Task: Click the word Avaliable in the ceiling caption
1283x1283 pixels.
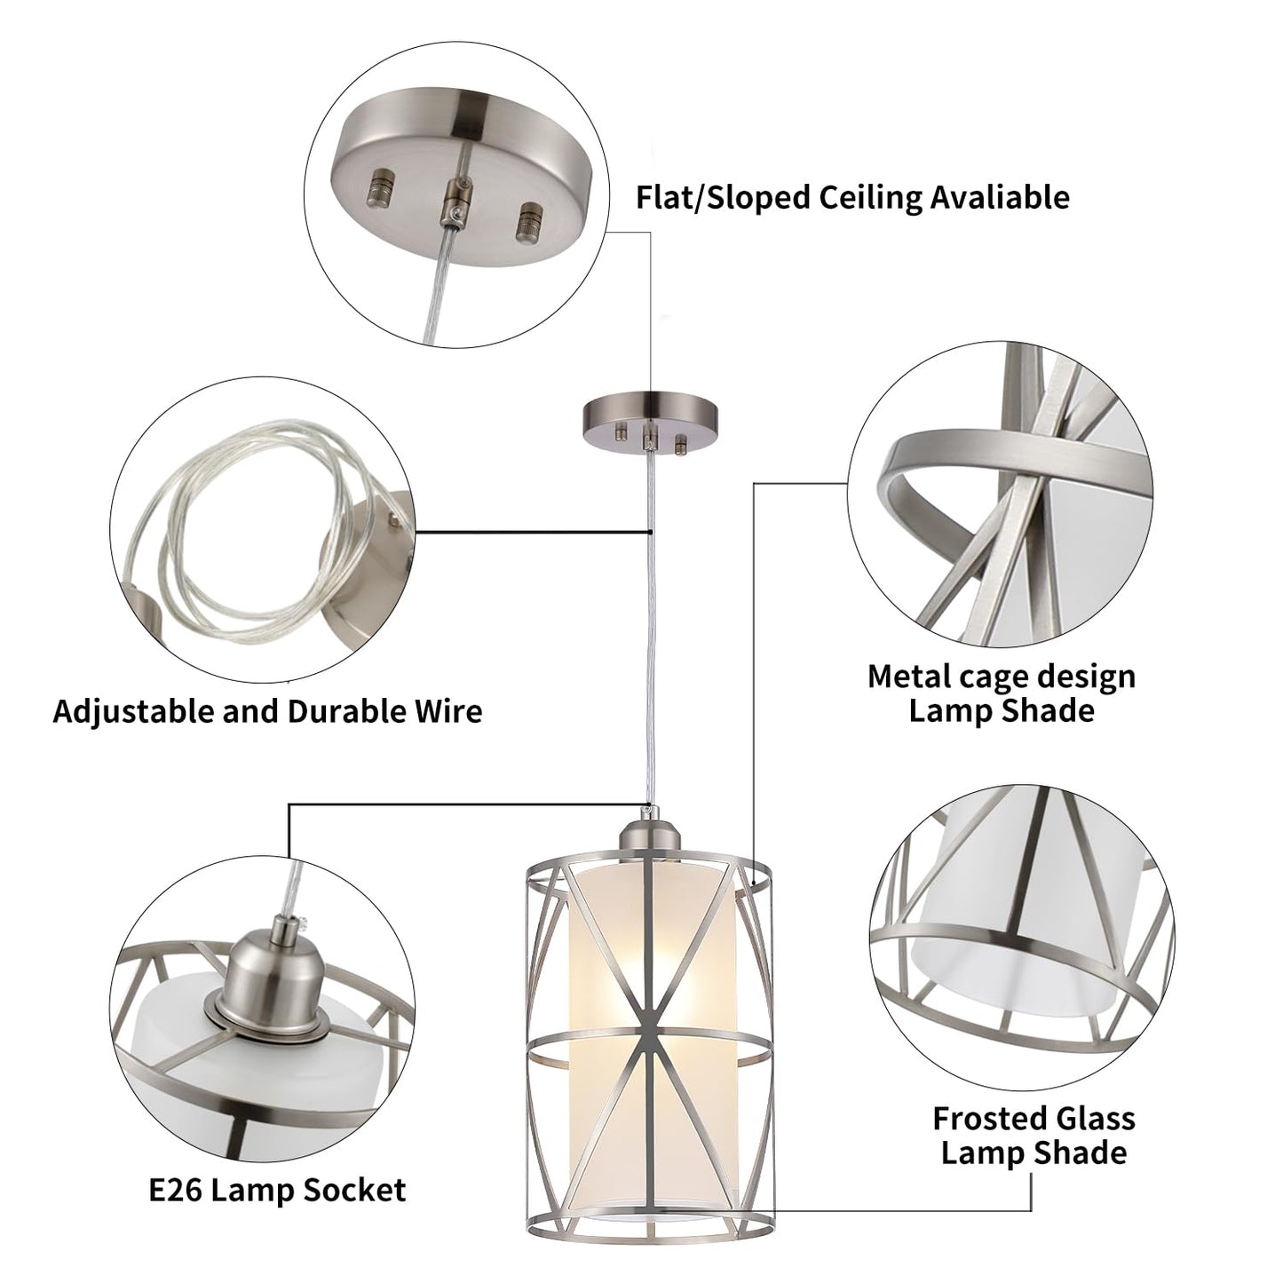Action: (999, 197)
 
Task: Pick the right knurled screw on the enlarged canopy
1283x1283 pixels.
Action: (530, 217)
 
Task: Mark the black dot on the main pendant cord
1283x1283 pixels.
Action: (652, 533)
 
